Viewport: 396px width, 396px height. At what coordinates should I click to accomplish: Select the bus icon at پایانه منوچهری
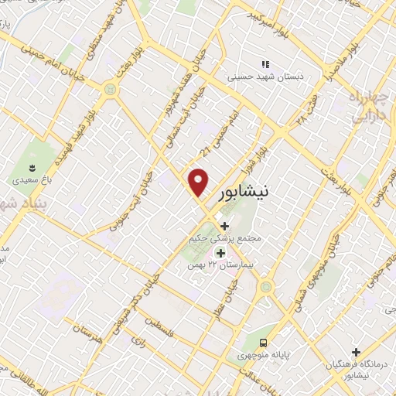tap(265, 342)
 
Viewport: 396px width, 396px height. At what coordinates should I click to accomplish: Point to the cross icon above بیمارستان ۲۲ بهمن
tap(220, 253)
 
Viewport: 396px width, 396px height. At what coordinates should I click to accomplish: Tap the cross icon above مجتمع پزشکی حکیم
tap(224, 226)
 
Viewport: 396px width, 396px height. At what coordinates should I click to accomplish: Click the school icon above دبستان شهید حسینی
tap(265, 64)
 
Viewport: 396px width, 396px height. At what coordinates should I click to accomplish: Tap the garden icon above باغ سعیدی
tap(32, 167)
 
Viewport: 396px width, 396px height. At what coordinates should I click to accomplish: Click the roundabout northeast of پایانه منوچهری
tap(268, 288)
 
